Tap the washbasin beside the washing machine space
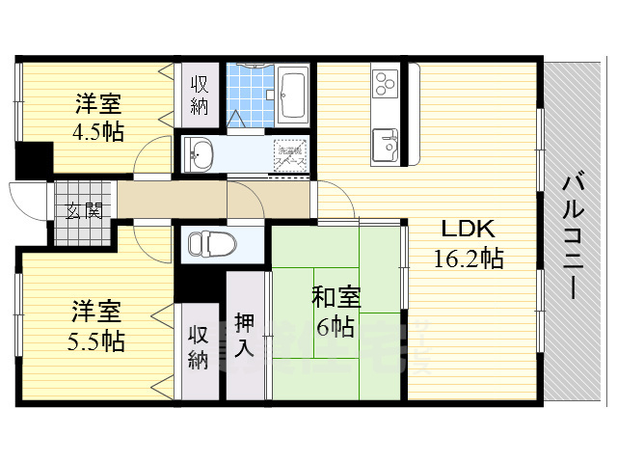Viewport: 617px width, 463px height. click(201, 151)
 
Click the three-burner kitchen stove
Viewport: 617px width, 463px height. click(385, 82)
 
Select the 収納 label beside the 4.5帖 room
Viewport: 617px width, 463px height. click(200, 95)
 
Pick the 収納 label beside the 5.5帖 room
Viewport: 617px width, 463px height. click(198, 347)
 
